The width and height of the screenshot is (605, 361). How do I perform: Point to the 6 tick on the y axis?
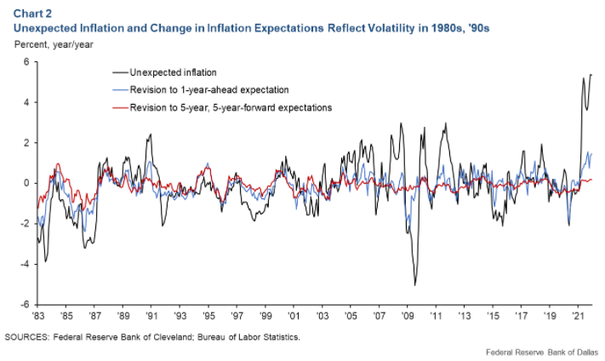click(26, 62)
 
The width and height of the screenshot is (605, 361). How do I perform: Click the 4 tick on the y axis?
click(26, 102)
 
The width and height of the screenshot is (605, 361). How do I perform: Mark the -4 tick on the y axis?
click(25, 264)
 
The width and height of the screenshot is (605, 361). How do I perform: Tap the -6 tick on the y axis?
click(25, 304)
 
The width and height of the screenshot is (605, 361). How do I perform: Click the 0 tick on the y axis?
click(26, 183)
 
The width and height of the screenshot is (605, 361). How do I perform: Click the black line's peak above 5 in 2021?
click(590, 75)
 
